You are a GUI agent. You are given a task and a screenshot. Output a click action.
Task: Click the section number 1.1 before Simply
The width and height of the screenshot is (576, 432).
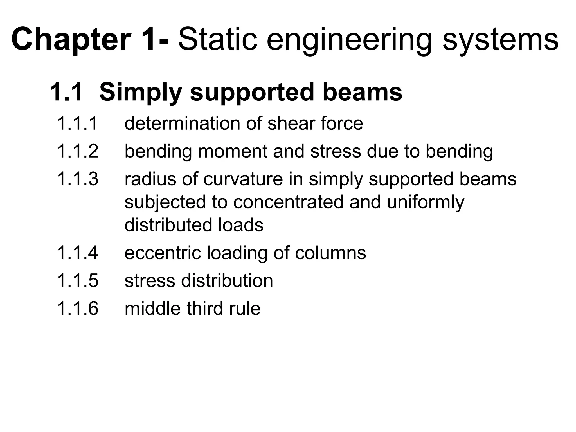(x=66, y=92)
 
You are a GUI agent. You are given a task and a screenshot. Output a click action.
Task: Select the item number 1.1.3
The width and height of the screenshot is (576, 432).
(x=78, y=179)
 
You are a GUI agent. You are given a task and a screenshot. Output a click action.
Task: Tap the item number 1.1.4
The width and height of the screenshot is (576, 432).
(x=78, y=253)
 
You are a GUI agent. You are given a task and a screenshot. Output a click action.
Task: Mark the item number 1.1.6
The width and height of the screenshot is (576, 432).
(x=78, y=308)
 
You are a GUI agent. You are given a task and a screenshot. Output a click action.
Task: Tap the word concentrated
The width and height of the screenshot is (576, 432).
(x=288, y=202)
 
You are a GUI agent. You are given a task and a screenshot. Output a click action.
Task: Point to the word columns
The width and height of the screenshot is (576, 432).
(x=330, y=253)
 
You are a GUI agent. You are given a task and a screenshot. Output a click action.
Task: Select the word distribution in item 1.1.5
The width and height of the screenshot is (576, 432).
(x=227, y=280)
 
